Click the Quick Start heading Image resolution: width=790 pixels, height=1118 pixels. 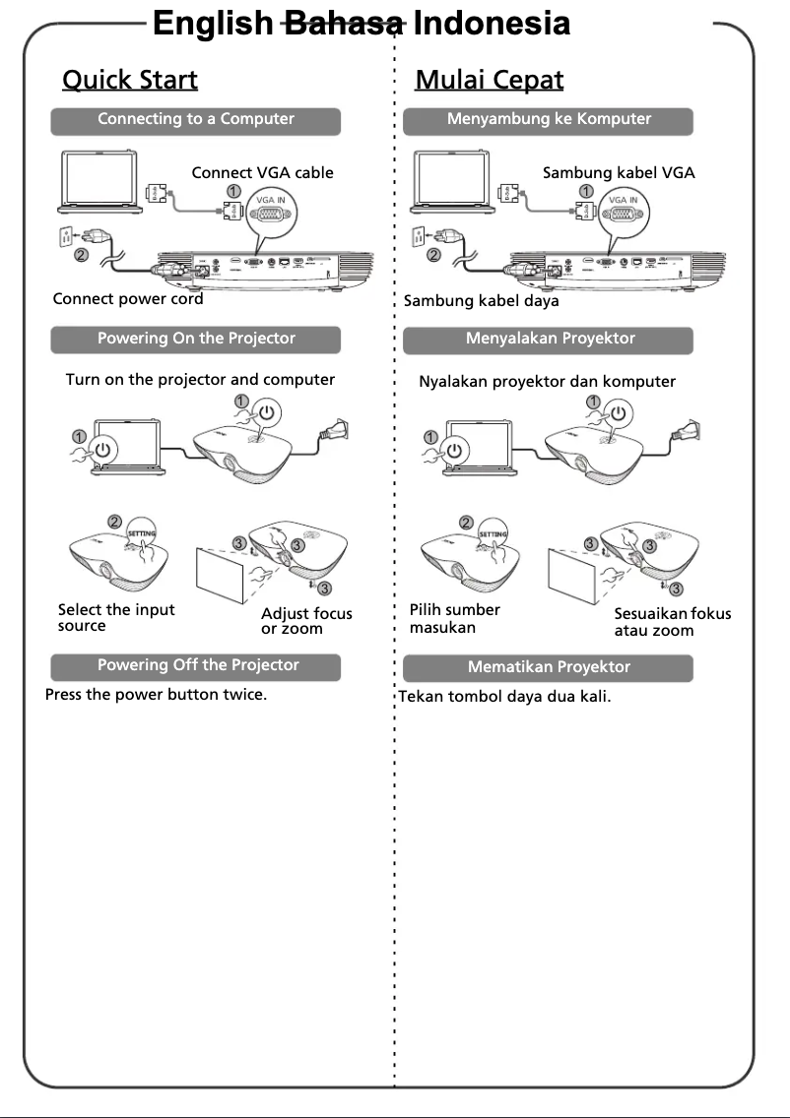(x=130, y=79)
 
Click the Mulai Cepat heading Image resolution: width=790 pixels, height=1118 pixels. (x=490, y=79)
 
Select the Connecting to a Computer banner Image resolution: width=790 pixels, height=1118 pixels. (x=196, y=119)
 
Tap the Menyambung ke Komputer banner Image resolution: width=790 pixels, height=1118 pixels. (x=549, y=119)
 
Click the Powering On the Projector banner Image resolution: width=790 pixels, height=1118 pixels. (x=196, y=339)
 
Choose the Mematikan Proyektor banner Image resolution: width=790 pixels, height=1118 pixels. (x=549, y=667)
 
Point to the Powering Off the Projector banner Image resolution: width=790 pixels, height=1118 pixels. (x=197, y=665)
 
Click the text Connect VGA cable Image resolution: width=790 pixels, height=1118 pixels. (x=262, y=173)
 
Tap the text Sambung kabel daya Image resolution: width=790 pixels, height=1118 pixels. (x=482, y=301)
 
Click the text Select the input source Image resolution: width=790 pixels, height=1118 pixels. (x=116, y=618)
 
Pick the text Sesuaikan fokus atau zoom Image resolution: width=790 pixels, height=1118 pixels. (x=672, y=622)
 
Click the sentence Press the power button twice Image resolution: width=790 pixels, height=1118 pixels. (x=157, y=695)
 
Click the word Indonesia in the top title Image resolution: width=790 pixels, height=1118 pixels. (x=491, y=24)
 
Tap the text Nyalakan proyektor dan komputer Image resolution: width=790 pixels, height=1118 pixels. (x=547, y=382)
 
